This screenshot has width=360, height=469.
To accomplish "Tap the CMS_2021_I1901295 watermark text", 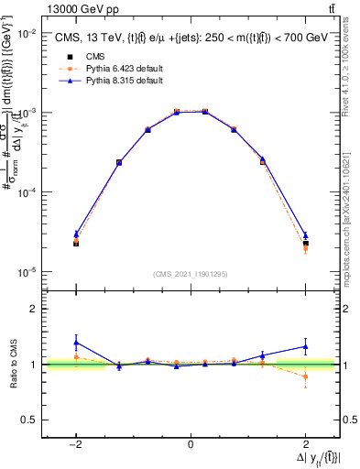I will [190, 273].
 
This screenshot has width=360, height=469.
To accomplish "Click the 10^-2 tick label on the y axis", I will [27, 33].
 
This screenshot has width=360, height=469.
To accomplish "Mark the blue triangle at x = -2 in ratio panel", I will [76, 343].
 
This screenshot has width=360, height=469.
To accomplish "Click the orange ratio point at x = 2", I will [305, 376].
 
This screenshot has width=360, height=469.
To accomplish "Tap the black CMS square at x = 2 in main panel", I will [305, 244].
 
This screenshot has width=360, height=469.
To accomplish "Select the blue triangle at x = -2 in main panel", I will [76, 234].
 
